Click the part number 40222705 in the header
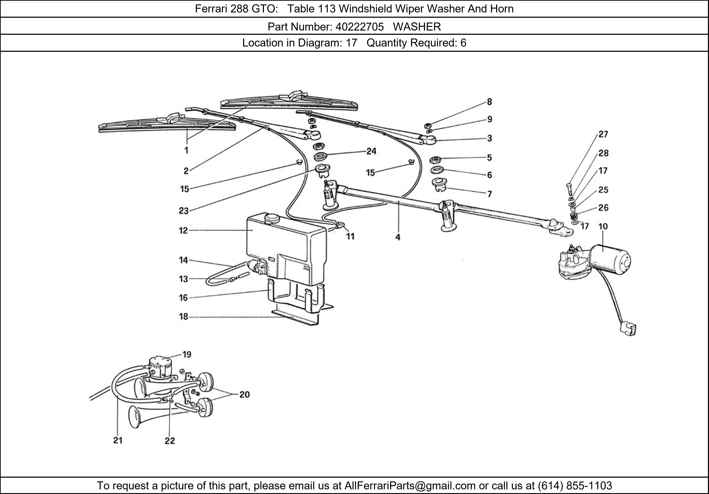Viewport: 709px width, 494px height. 359,27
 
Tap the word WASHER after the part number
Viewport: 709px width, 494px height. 417,27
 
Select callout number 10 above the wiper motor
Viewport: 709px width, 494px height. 603,227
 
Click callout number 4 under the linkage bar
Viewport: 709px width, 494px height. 398,237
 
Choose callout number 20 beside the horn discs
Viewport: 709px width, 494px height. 244,395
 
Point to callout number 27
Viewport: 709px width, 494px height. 603,135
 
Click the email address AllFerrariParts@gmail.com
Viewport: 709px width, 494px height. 410,486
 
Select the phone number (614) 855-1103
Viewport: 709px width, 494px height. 575,486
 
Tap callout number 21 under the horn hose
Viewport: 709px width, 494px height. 118,440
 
